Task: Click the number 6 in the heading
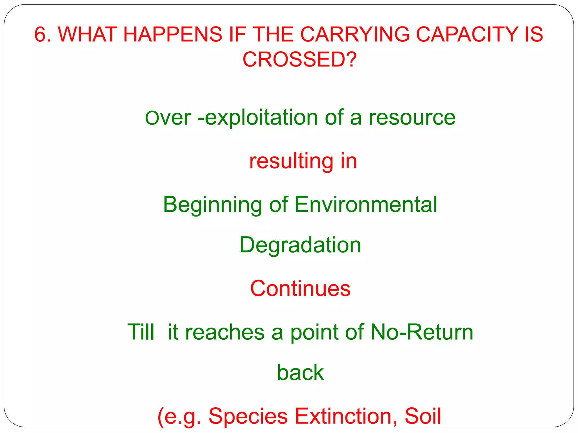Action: tap(40, 34)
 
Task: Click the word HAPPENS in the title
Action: tap(173, 34)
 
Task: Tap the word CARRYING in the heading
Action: tap(354, 34)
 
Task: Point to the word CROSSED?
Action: tap(300, 59)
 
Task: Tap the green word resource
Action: tap(412, 118)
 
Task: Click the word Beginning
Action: tap(213, 205)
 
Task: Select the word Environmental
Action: tap(366, 204)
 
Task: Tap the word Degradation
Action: tap(300, 245)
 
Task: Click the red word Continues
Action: tap(300, 288)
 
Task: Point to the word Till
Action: tap(141, 332)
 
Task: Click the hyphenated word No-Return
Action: tap(422, 332)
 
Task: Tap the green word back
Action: tap(300, 373)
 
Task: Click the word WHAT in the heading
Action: tap(87, 34)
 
